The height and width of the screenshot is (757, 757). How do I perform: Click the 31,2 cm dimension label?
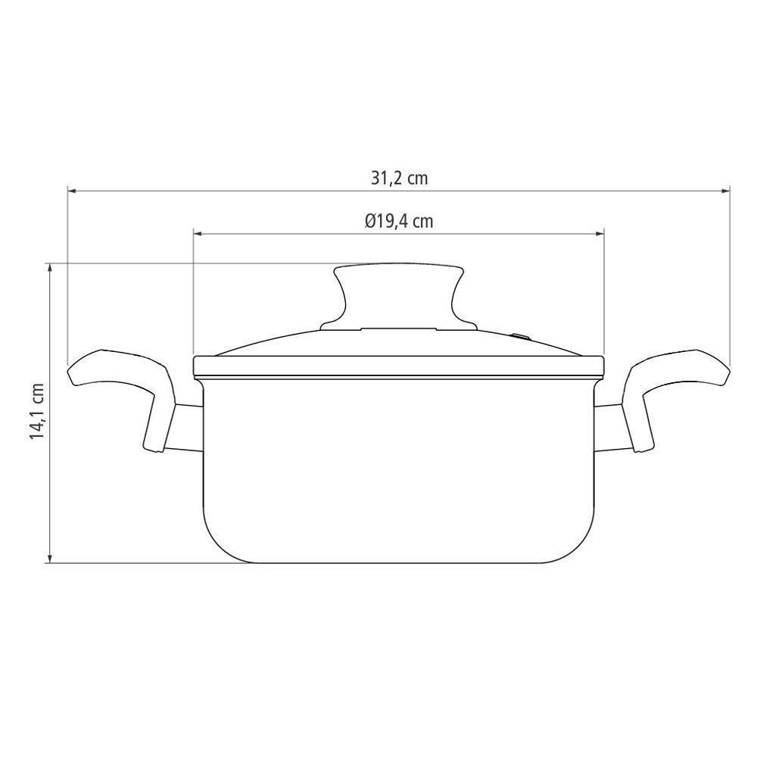[x=399, y=178]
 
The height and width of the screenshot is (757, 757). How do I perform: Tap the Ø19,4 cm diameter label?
[x=399, y=221]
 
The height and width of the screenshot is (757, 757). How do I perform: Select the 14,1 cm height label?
[x=37, y=411]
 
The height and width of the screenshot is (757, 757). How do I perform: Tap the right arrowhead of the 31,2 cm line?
[x=725, y=192]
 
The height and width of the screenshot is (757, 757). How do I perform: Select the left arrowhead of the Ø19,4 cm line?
[x=198, y=234]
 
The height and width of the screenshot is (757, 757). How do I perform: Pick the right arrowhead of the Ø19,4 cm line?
[x=600, y=234]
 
